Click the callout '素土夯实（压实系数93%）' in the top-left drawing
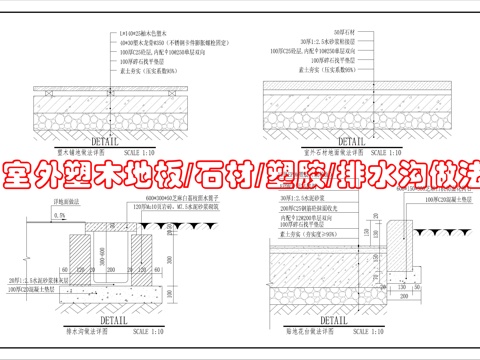(x=138, y=75)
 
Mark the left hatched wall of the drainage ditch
(x=83, y=255)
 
